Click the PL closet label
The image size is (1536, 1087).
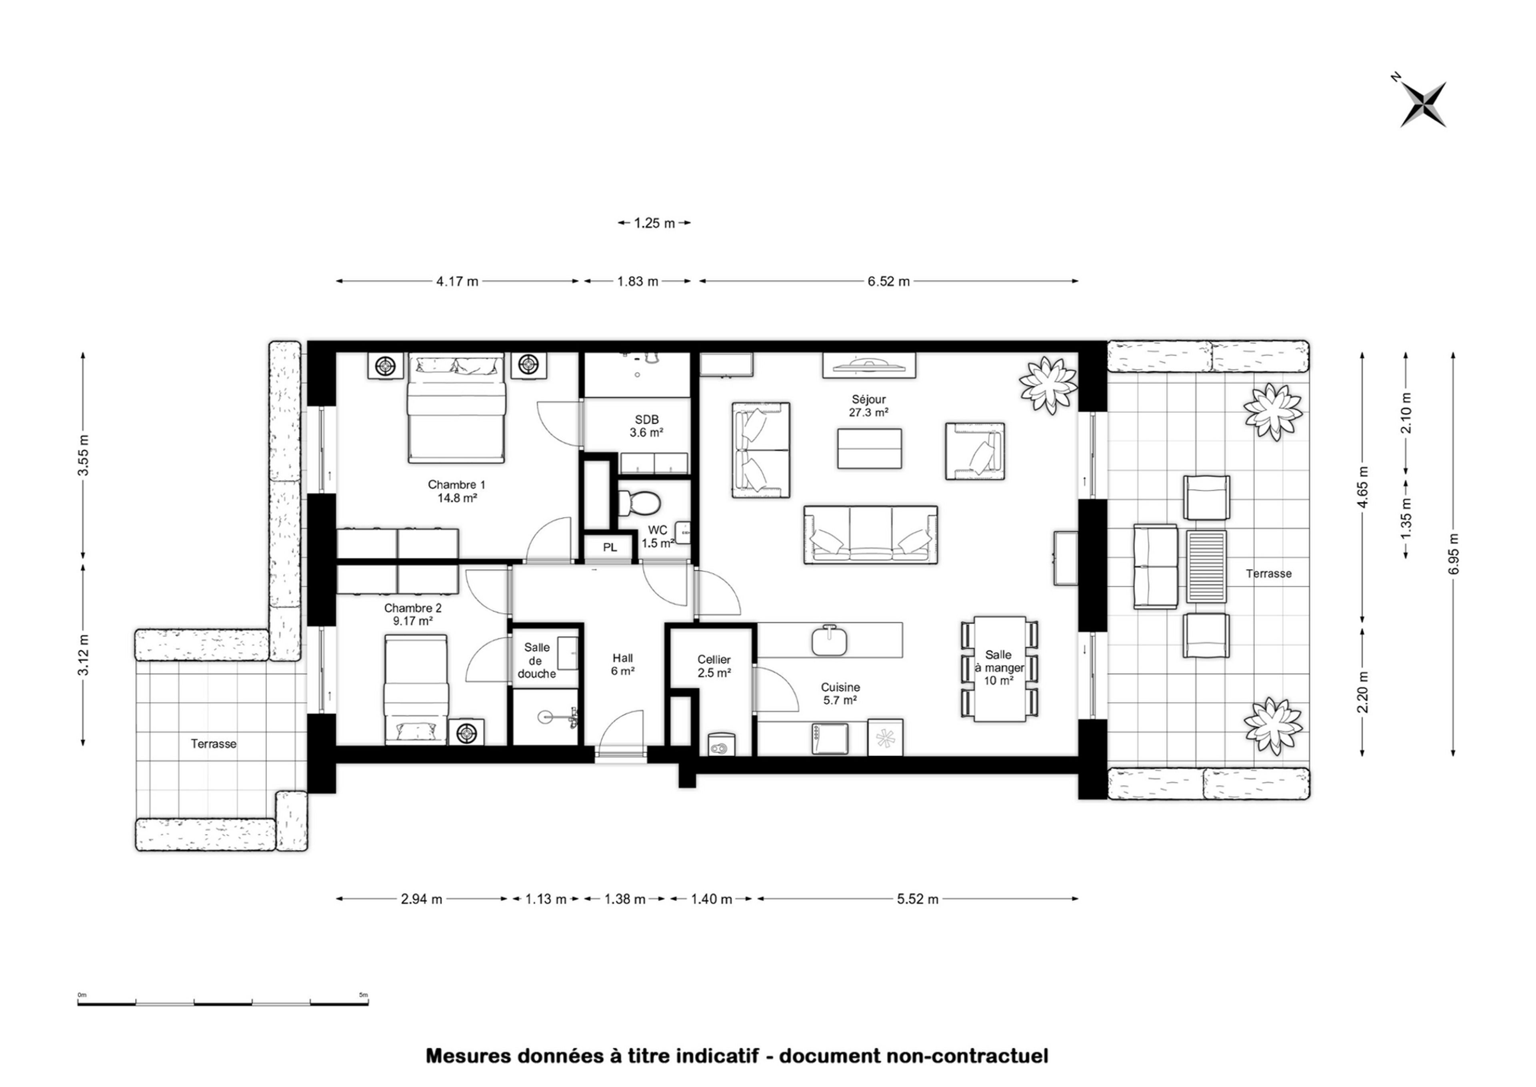point(610,548)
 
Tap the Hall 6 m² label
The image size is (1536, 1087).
point(622,665)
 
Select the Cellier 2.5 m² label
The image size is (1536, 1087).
point(714,666)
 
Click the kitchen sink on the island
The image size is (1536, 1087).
point(830,641)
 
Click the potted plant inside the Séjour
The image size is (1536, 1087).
point(1048,386)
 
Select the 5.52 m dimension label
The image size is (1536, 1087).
point(918,899)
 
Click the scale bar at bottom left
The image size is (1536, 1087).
point(223,1002)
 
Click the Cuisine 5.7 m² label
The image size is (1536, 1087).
point(841,693)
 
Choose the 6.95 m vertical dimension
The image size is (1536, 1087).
point(1452,554)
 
